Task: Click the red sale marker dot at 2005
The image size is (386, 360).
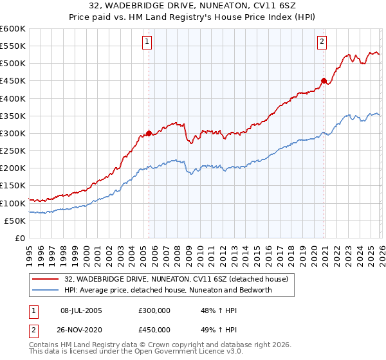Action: coord(149,133)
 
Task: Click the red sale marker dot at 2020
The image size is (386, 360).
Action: coord(324,80)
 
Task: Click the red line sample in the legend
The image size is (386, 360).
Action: coord(46,278)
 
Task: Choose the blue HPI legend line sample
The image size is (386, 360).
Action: coord(46,290)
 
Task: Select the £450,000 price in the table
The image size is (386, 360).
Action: coord(154,330)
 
